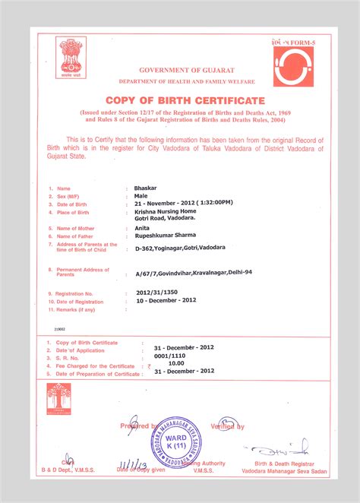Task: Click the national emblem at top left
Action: point(73,59)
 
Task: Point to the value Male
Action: point(141,195)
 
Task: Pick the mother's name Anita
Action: point(142,227)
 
